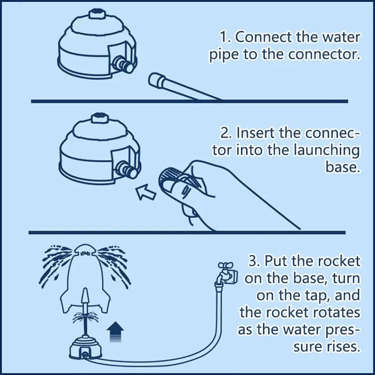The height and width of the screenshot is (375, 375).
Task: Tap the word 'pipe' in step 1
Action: (222, 54)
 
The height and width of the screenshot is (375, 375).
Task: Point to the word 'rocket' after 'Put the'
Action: (340, 261)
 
